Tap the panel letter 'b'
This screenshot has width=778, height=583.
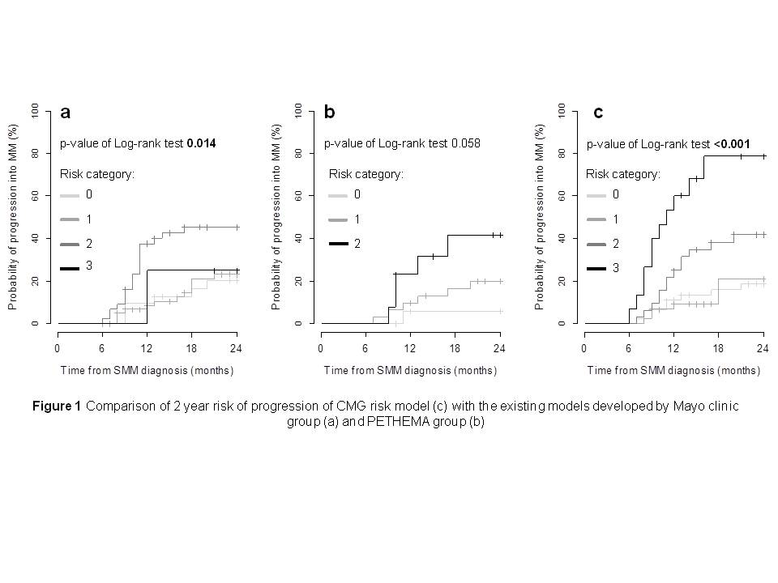[330, 113]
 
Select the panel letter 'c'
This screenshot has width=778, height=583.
[598, 113]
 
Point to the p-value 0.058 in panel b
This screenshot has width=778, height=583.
[465, 144]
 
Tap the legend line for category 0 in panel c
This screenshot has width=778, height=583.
[596, 195]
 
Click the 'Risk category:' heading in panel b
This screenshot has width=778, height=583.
[365, 173]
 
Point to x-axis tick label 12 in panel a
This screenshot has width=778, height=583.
[147, 349]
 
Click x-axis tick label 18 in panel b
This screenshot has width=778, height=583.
[455, 349]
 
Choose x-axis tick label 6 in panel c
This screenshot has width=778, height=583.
[629, 349]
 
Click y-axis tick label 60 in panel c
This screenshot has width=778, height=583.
[562, 195]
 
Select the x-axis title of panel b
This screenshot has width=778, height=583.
[411, 370]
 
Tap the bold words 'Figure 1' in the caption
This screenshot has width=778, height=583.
[57, 406]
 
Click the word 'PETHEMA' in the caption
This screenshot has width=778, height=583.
[372, 422]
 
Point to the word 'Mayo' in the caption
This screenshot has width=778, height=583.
[674, 406]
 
